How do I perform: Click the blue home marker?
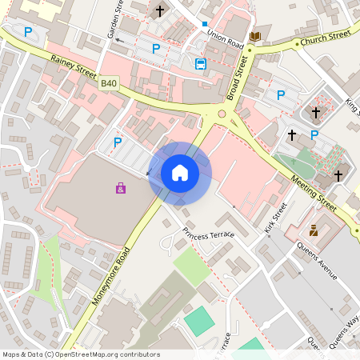pos(180,172)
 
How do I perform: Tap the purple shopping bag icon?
pos(121,188)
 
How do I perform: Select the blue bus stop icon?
pos(200,64)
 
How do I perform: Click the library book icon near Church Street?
pos(255,37)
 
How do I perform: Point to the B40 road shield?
pos(109,82)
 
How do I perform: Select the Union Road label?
pos(225,37)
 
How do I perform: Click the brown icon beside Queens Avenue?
pos(314,230)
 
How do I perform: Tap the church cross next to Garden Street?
pos(160,11)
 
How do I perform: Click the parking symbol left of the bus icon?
pos(156,49)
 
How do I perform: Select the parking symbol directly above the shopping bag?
pos(118,142)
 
